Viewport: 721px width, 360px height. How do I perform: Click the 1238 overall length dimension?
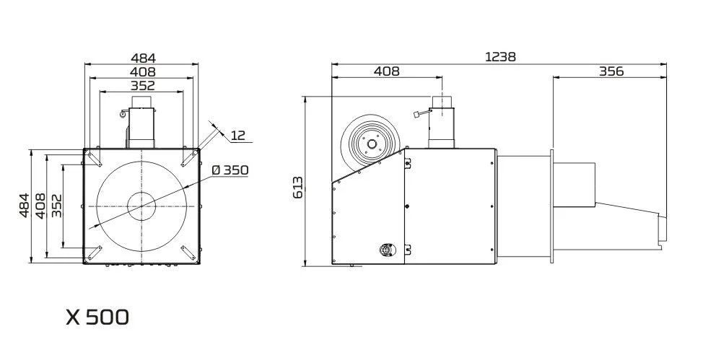[x=500, y=57]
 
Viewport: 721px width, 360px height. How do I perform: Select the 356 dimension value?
[x=611, y=71]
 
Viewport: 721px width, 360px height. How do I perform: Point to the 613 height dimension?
[x=297, y=187]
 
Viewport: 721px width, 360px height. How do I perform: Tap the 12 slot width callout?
[x=237, y=136]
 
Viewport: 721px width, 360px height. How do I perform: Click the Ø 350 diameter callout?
[x=230, y=170]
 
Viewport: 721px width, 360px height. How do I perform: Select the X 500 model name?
[x=97, y=317]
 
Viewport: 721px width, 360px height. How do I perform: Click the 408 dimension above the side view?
[x=386, y=71]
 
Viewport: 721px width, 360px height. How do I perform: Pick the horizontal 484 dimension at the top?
[x=144, y=58]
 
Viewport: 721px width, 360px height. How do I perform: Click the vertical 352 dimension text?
[x=56, y=206]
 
